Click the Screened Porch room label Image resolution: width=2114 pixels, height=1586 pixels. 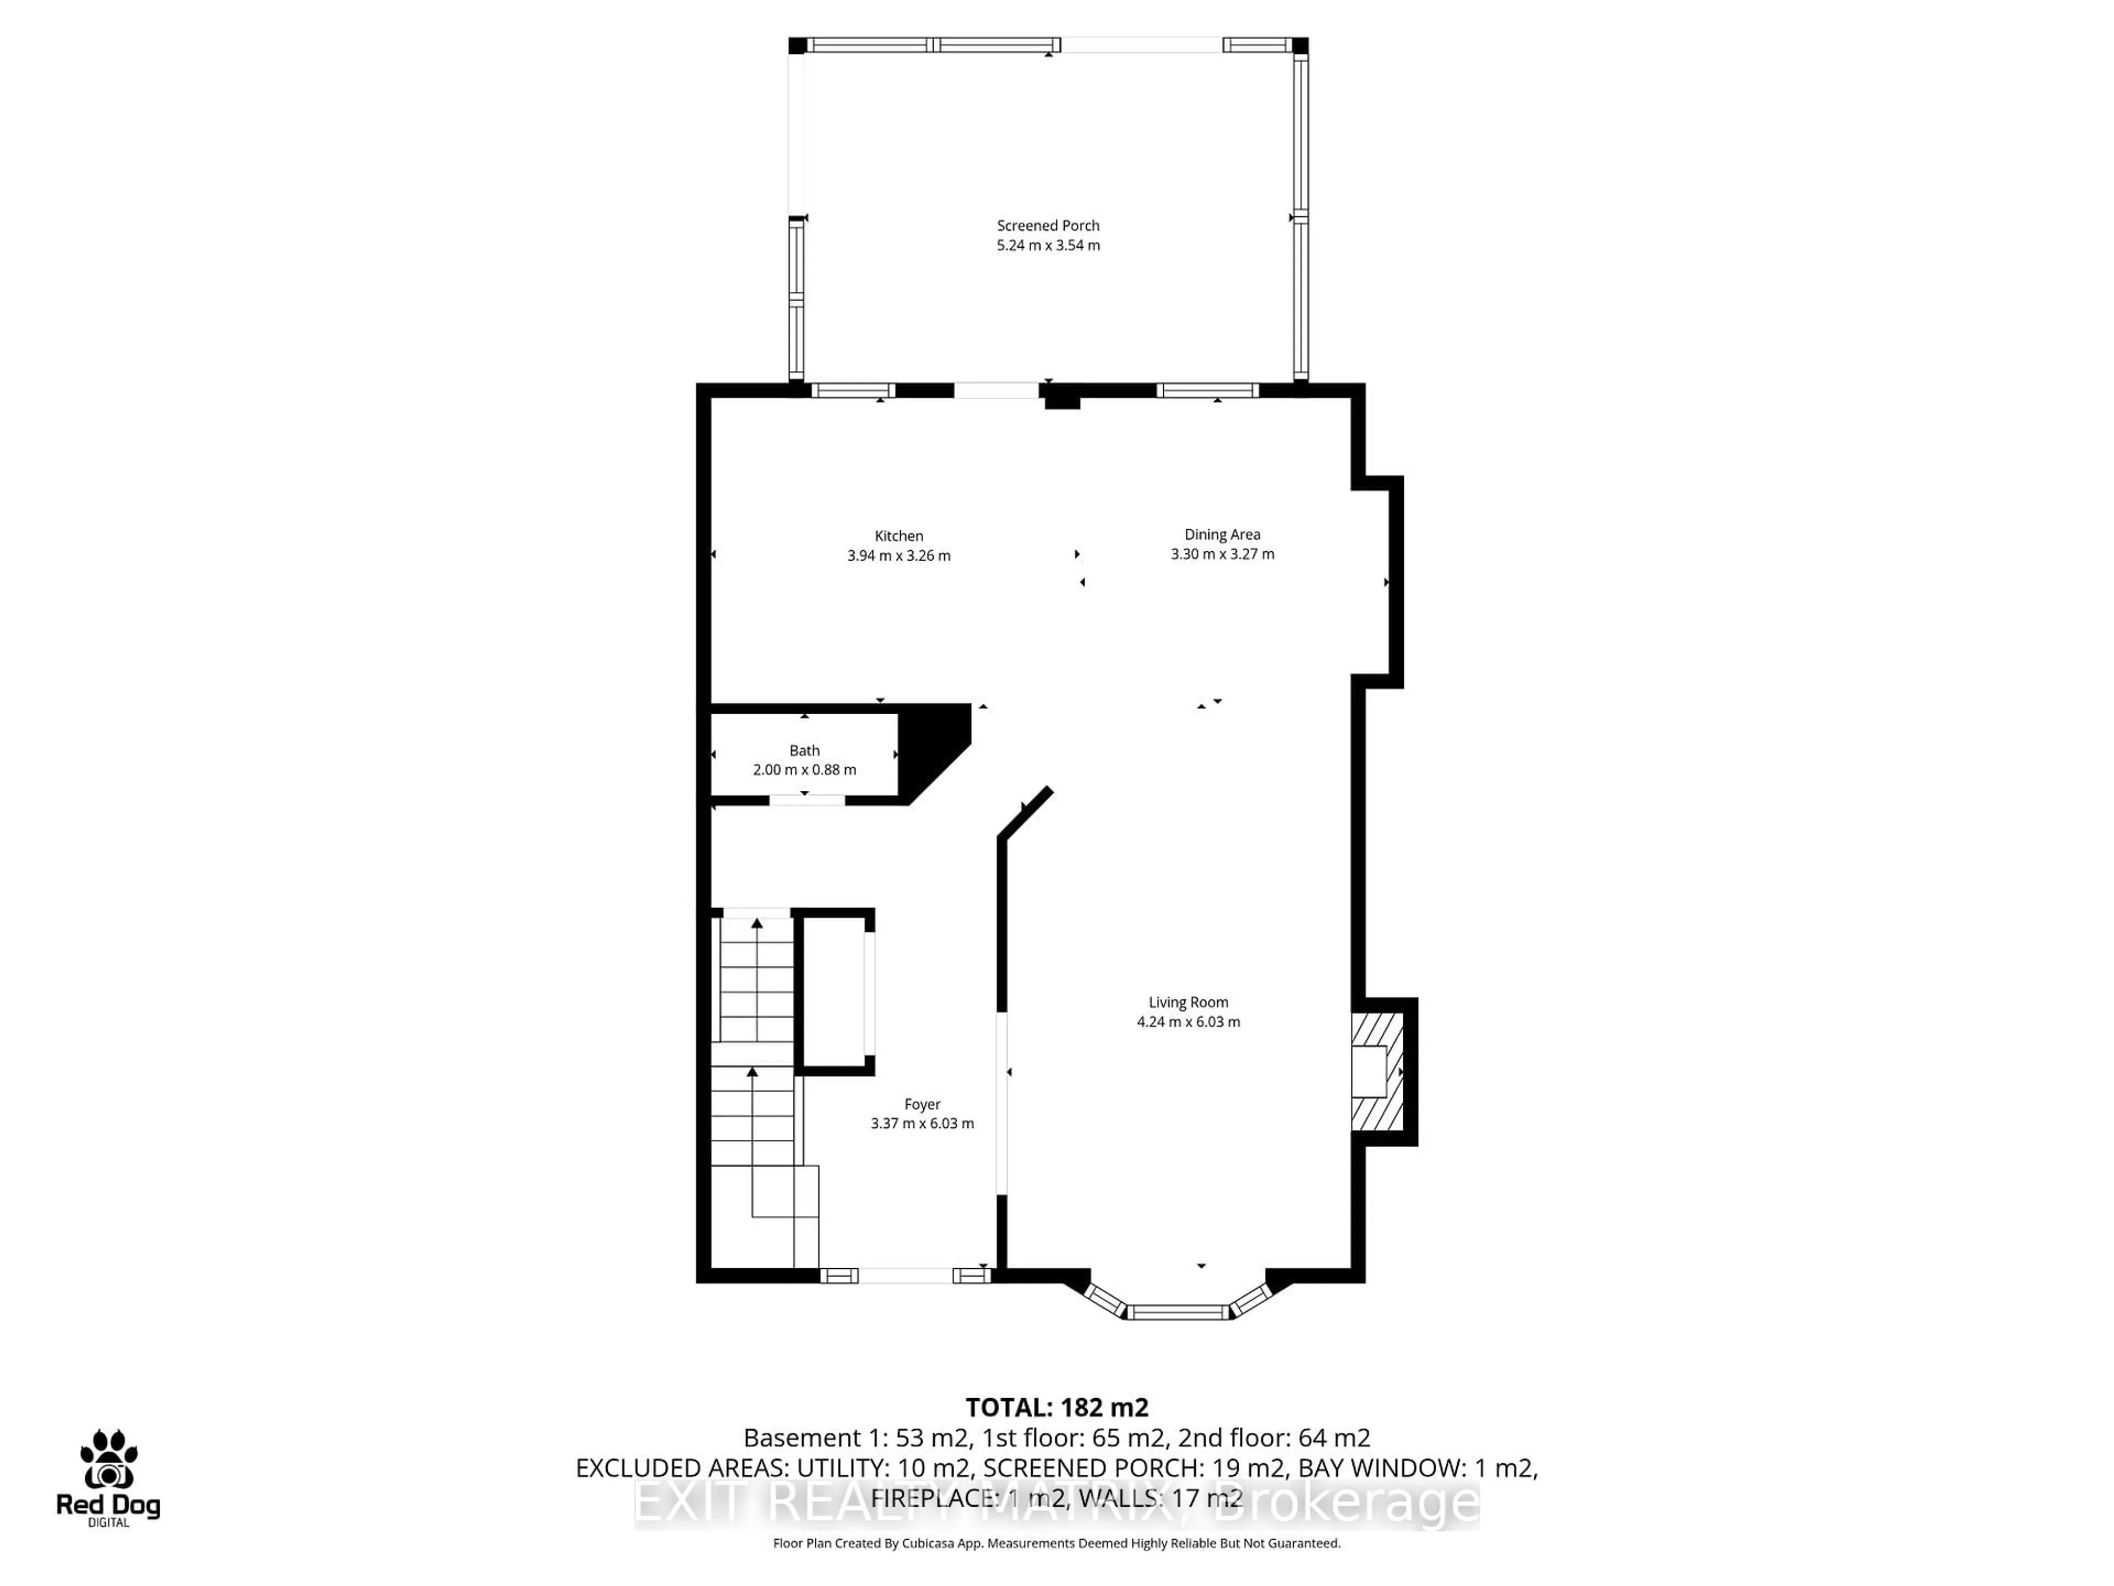[1048, 226]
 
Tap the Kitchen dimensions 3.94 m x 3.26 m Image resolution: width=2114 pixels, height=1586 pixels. [898, 556]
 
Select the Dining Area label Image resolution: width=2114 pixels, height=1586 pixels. [1222, 534]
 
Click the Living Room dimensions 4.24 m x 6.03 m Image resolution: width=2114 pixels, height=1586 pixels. [1188, 1022]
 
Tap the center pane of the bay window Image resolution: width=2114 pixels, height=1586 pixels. [1178, 1312]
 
